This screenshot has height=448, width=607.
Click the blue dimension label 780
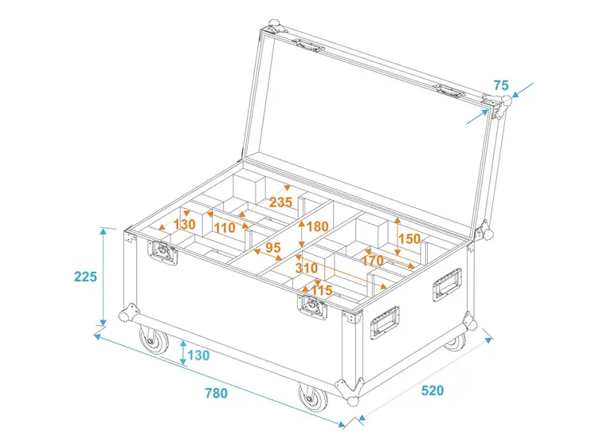pos(216,393)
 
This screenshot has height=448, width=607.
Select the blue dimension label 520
pos(432,391)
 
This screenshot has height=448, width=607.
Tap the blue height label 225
pos(84,277)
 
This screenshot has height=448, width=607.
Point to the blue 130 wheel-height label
pos(198,355)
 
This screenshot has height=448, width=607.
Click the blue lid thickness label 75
pos(500,85)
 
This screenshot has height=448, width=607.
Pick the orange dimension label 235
pos(280,202)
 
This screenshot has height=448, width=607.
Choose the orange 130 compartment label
pos(183,225)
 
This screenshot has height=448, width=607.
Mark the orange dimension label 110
pos(225,228)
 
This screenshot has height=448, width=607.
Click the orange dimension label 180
pos(317,226)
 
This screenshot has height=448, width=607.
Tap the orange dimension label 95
pos(273,248)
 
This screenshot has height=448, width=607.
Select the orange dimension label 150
pos(409,238)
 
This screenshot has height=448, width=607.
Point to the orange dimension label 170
pos(373,259)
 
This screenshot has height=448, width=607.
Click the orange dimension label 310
pos(306,269)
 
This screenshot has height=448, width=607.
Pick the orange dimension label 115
pos(321,290)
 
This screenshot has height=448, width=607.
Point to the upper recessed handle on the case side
pos(446,285)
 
